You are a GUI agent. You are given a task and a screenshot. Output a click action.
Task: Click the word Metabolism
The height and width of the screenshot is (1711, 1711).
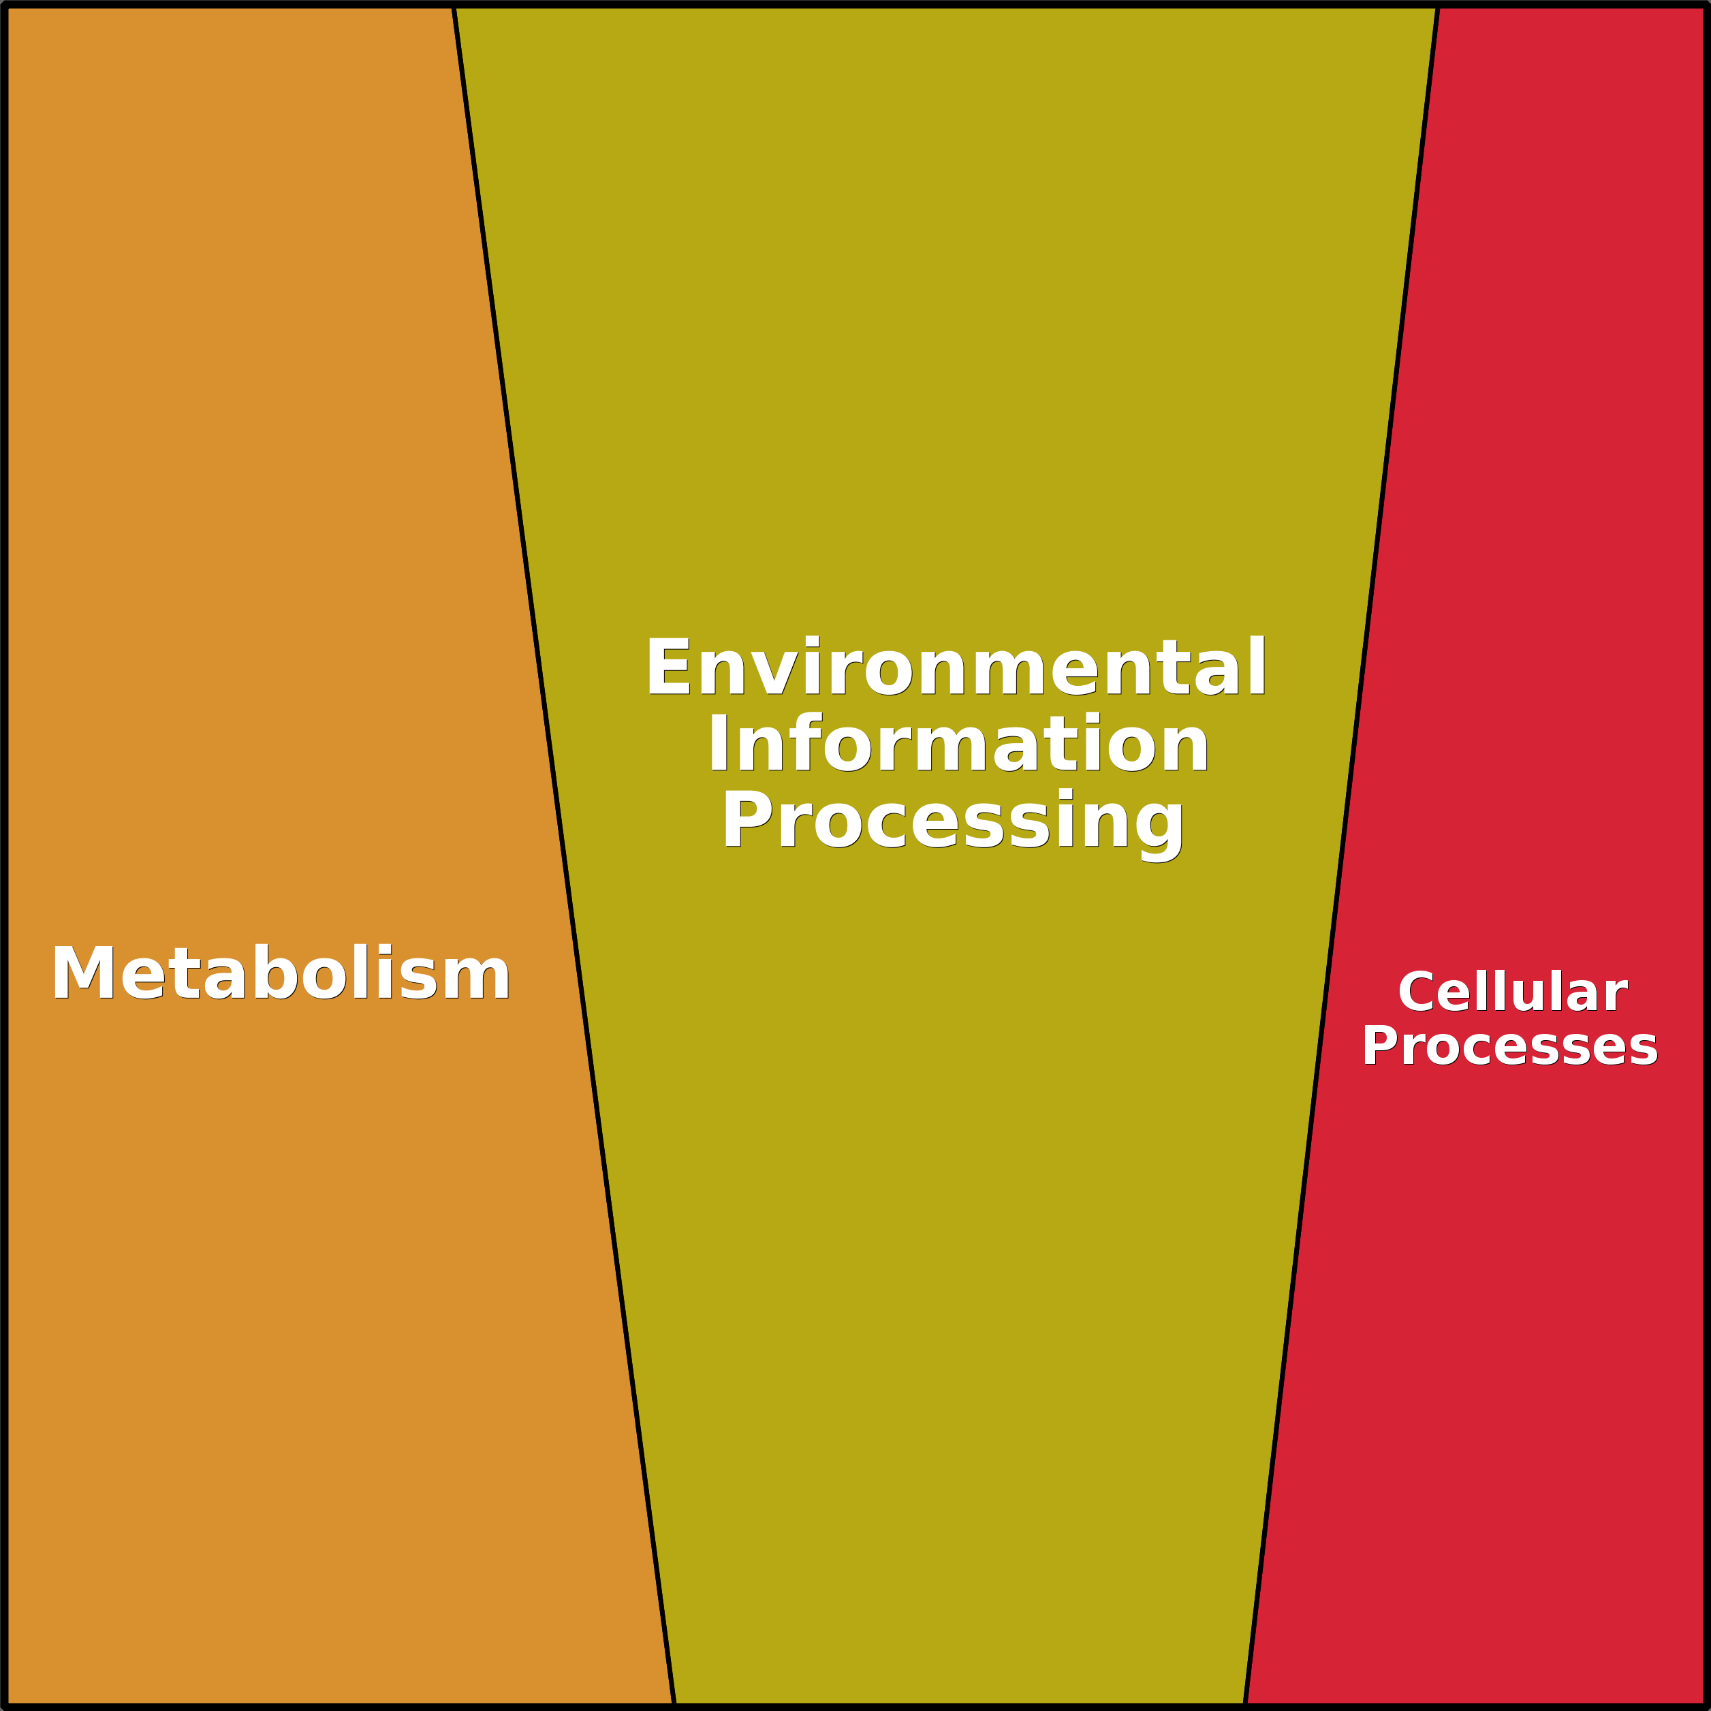281,973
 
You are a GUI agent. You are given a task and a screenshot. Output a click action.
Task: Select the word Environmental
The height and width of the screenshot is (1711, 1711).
956,667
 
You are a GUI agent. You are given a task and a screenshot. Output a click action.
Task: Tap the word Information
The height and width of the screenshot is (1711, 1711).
958,743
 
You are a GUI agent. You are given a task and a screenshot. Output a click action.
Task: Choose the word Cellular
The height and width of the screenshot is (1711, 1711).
1513,992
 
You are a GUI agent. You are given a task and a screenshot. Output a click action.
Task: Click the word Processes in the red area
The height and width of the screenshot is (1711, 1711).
1510,1047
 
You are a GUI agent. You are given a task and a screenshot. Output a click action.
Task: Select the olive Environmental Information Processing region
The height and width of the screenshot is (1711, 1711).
947,1151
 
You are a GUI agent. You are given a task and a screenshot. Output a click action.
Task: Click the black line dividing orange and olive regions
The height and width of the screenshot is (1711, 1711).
564,855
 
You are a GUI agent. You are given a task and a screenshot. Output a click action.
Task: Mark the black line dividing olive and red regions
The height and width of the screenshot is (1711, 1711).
1341,855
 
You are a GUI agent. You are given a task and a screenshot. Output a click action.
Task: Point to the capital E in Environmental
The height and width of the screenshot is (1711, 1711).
668,667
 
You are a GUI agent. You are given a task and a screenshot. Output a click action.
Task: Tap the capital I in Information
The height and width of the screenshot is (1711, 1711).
717,743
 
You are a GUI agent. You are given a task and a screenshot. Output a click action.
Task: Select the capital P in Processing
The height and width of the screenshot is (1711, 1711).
744,818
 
